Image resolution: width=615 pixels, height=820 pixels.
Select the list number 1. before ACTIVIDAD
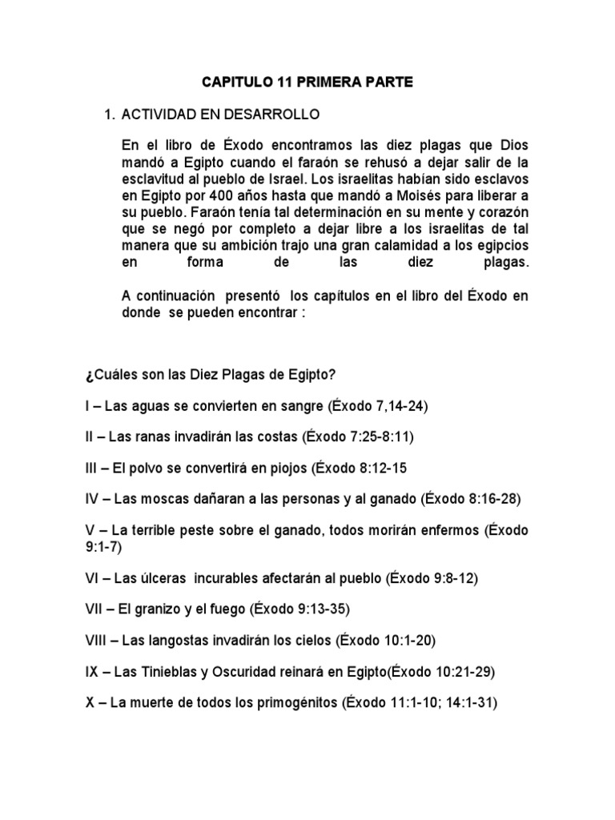click(x=111, y=115)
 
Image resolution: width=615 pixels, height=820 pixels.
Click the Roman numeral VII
click(x=95, y=609)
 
